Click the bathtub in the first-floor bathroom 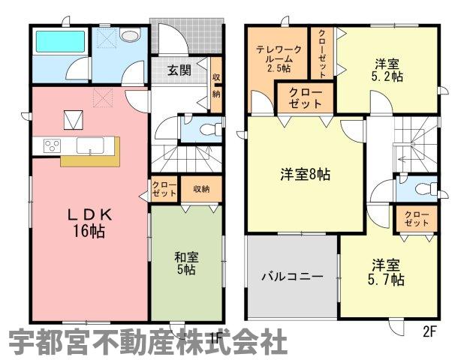click(60, 41)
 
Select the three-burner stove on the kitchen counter click(52, 145)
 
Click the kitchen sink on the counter click(90, 145)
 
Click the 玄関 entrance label click(179, 70)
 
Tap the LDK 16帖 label click(89, 223)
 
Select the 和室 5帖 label click(186, 264)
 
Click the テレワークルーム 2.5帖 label click(278, 58)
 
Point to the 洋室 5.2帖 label click(387, 70)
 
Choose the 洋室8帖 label click(306, 174)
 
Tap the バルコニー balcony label click(292, 277)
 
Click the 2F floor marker click(429, 332)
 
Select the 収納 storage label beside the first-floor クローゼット click(201, 189)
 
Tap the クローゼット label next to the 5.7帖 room click(417, 219)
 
